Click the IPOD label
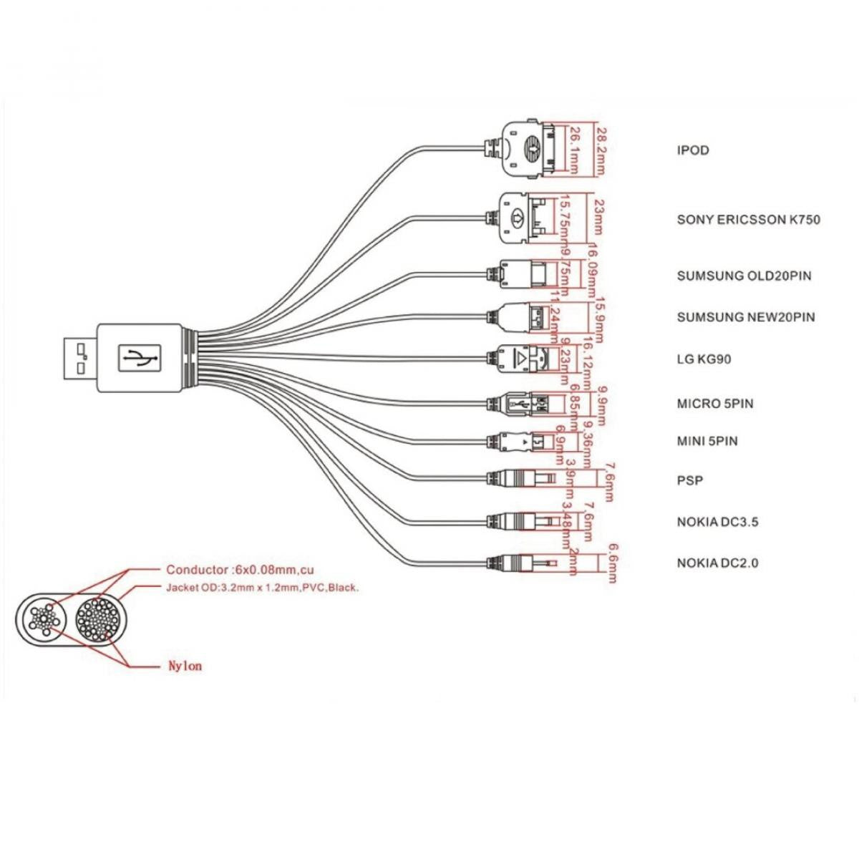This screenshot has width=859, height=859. click(692, 150)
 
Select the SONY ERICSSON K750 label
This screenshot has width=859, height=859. click(748, 219)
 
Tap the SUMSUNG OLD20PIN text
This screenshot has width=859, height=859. click(744, 276)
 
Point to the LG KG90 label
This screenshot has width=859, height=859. click(704, 359)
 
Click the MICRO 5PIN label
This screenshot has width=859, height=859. click(714, 404)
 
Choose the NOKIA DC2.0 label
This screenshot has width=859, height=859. click(717, 563)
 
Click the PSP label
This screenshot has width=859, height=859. click(689, 480)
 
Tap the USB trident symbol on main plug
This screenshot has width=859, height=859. click(138, 358)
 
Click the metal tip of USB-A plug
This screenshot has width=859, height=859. click(78, 359)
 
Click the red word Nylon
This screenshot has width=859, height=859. click(184, 666)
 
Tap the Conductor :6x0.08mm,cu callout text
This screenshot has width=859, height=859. click(240, 571)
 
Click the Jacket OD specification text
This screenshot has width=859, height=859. click(262, 588)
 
